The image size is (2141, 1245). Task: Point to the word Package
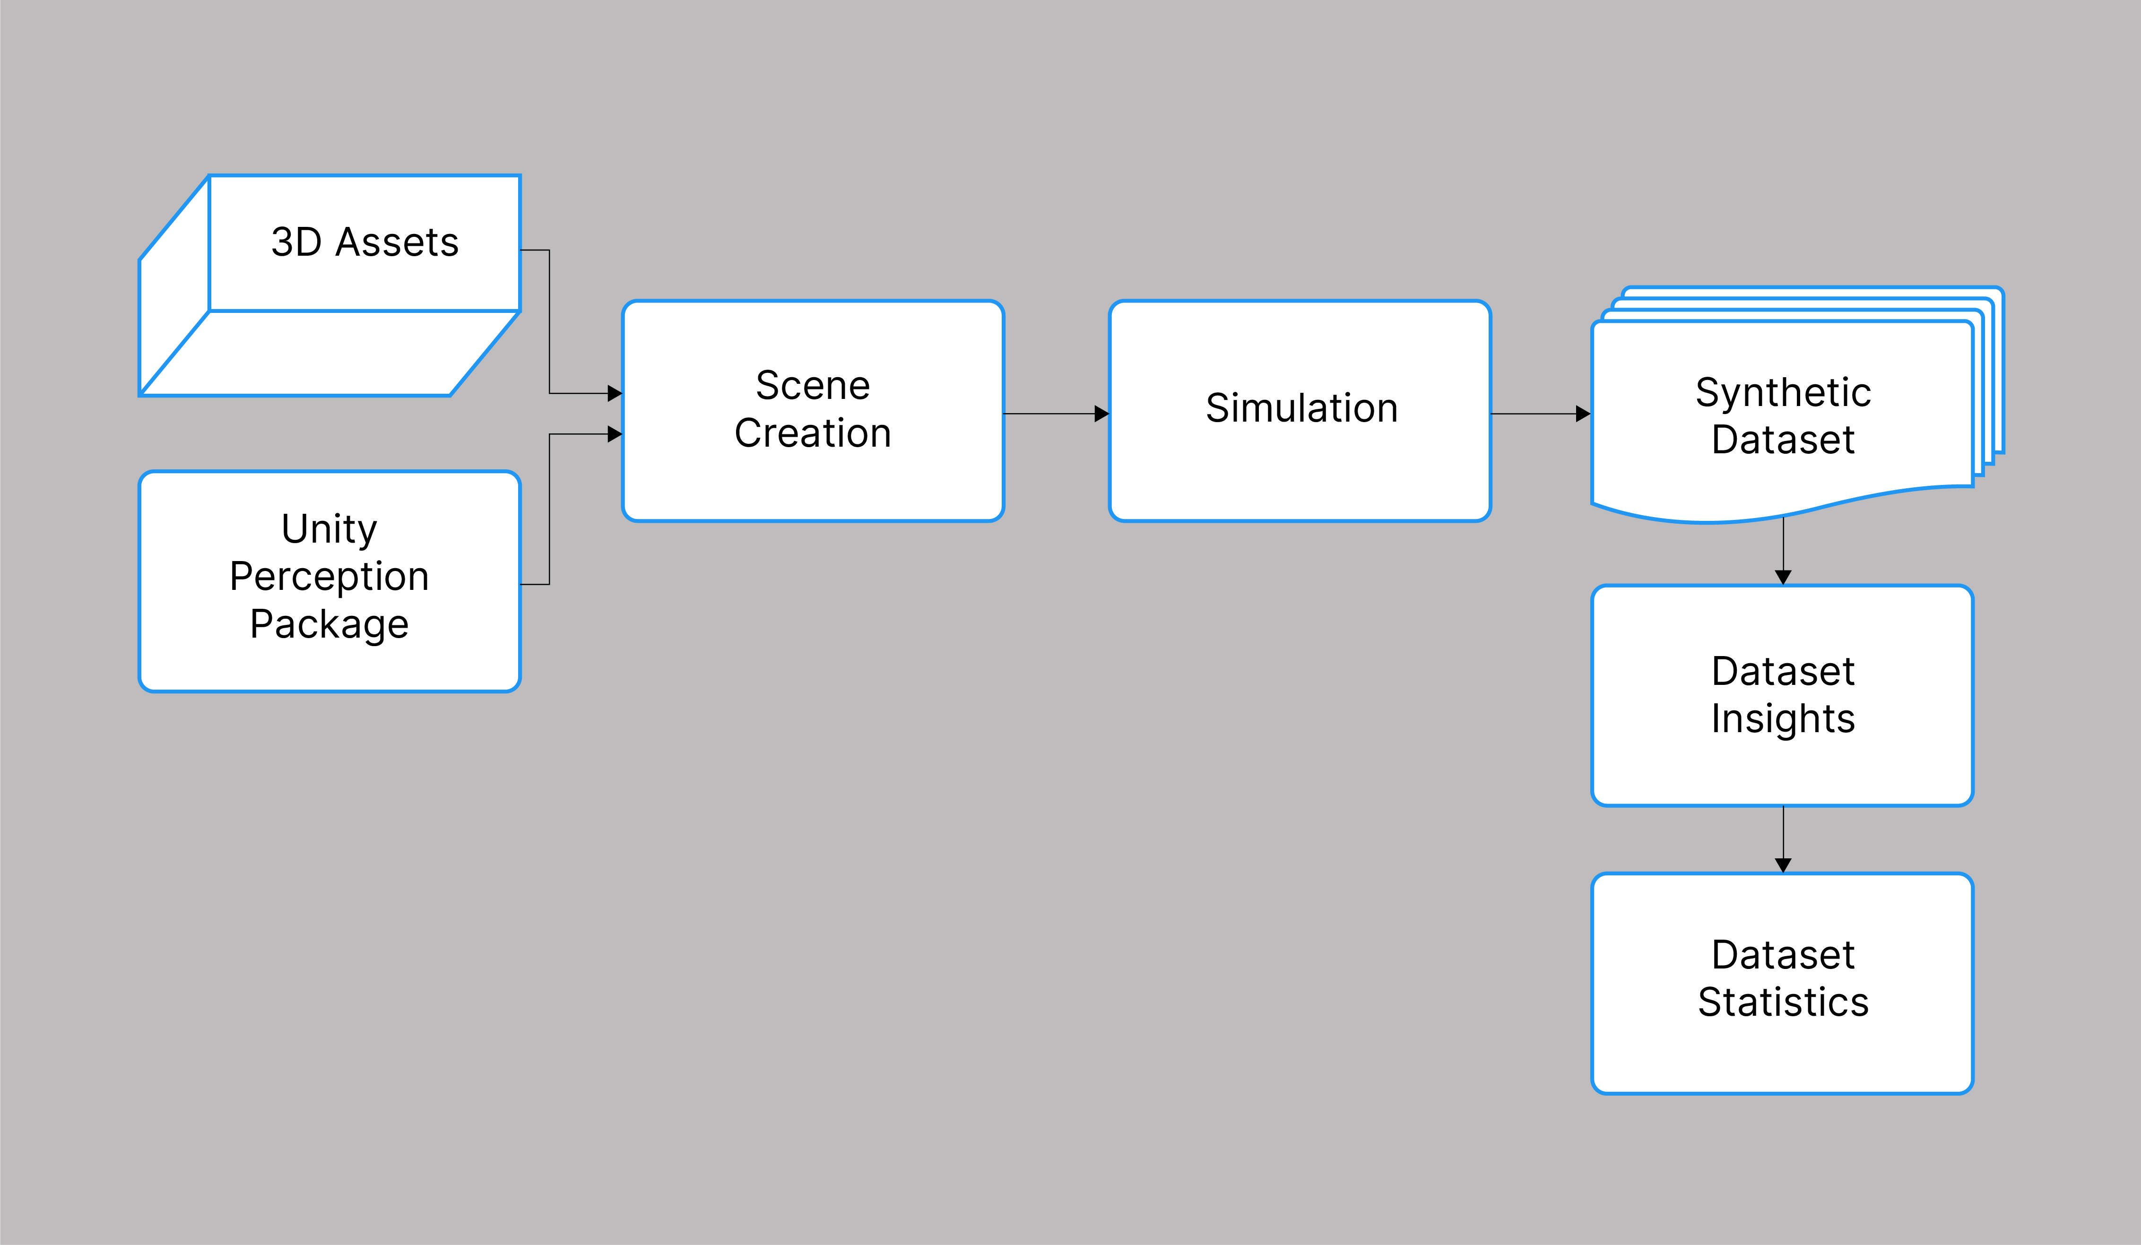point(329,625)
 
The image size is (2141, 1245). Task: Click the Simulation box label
point(1301,408)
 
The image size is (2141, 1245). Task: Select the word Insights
point(1783,719)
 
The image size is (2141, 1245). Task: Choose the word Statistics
point(1783,1003)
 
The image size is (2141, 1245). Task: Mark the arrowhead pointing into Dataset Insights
point(1783,578)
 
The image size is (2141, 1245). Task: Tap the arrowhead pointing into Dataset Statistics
point(1783,865)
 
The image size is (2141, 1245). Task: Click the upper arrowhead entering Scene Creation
point(615,393)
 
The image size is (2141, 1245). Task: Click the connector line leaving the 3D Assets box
point(550,323)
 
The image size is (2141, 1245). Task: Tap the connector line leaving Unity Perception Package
point(550,510)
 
